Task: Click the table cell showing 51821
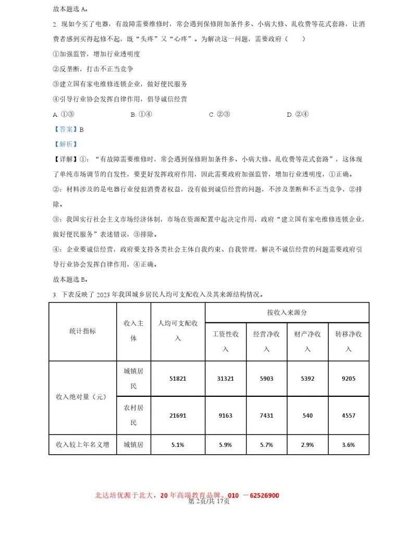[x=178, y=379]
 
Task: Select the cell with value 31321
[x=225, y=379]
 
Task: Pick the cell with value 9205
[x=349, y=379]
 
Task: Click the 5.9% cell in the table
[x=225, y=445]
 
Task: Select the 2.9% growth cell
[x=308, y=445]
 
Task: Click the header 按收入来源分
[x=287, y=312]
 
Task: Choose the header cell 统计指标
[x=82, y=331]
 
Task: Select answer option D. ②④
[x=298, y=114]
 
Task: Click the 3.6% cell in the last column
[x=349, y=445]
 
